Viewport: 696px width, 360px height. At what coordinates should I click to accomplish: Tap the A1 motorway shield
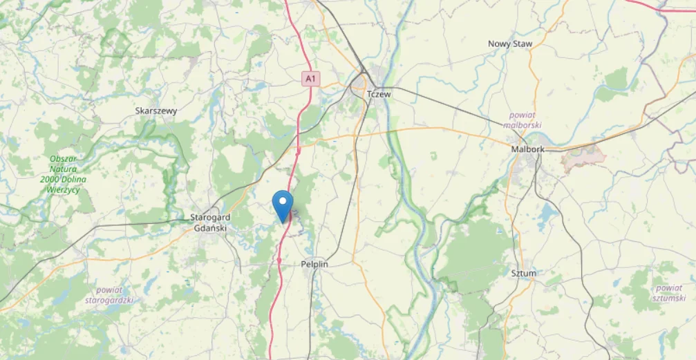point(311,79)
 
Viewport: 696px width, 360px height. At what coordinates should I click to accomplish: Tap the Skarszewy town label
point(156,111)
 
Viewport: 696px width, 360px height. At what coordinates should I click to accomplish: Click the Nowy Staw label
point(510,44)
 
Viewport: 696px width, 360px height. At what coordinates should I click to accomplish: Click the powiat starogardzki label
point(109,295)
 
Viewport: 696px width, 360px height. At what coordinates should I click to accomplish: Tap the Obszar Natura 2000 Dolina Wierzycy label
point(62,174)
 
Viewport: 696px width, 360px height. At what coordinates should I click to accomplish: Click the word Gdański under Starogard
point(210,228)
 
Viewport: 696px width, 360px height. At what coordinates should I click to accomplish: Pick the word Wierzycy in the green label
point(62,190)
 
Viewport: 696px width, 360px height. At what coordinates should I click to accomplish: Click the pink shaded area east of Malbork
point(584,159)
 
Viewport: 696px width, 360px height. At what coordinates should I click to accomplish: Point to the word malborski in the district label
point(522,125)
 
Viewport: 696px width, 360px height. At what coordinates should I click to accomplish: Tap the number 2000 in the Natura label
point(53,180)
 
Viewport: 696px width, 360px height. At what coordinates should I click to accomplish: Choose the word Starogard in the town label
point(209,218)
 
